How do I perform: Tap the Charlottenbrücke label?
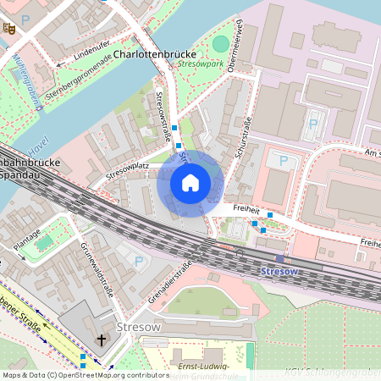point(160,53)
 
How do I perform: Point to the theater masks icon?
point(10,28)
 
